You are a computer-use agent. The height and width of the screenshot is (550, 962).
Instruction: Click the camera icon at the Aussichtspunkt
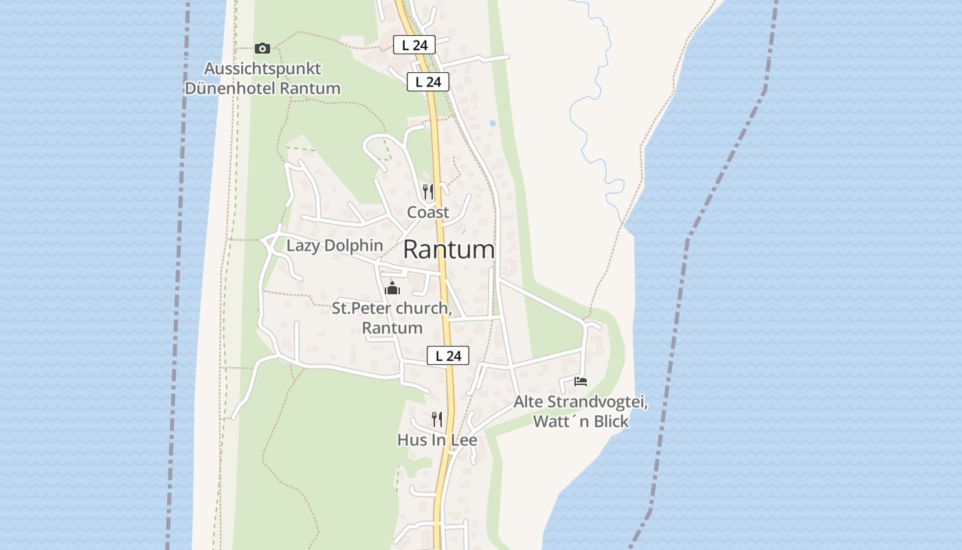(262, 48)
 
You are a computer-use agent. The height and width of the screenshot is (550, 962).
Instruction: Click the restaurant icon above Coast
(428, 191)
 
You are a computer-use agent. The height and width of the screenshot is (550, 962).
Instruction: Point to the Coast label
(428, 212)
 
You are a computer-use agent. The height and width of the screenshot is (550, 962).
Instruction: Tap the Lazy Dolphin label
(335, 245)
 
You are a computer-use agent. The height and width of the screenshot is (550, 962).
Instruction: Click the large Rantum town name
(449, 250)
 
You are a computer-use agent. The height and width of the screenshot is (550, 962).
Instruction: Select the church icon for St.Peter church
(392, 287)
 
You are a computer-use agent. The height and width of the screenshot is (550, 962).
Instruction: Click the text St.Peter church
(391, 308)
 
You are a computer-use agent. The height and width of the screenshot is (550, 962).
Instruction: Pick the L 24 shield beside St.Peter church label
(448, 355)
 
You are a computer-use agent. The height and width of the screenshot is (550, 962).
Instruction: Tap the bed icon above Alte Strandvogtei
(581, 382)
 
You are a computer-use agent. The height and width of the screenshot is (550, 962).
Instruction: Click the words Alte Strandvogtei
(581, 402)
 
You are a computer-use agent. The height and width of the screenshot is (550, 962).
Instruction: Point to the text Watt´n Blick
(581, 421)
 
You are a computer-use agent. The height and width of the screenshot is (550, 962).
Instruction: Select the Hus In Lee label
(437, 440)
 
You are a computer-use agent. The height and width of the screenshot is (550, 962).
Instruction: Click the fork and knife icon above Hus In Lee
(437, 419)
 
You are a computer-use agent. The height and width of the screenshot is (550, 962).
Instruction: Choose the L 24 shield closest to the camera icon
(414, 45)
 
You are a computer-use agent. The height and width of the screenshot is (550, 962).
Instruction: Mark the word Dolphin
(359, 245)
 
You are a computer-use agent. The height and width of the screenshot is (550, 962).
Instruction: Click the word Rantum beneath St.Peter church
(392, 328)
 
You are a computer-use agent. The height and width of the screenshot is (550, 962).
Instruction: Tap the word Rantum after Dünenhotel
(310, 88)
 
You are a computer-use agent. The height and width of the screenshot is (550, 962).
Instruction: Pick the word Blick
(609, 421)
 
